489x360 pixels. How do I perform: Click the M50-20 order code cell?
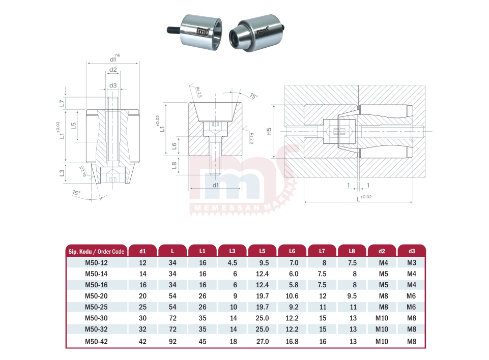click(x=96, y=296)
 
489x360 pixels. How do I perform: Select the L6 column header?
click(x=292, y=251)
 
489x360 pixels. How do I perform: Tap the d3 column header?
click(x=412, y=251)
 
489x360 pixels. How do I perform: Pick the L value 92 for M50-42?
click(x=172, y=341)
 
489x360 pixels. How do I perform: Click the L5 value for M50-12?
click(x=264, y=263)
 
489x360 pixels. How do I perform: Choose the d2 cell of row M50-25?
click(x=383, y=307)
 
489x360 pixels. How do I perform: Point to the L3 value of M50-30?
click(x=233, y=318)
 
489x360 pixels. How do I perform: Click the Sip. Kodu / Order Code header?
click(x=96, y=252)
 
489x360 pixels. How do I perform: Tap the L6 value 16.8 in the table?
click(x=292, y=341)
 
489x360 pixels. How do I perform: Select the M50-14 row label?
click(x=96, y=274)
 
